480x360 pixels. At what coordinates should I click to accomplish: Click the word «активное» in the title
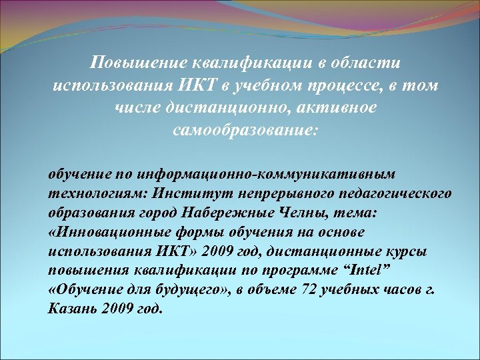(333, 108)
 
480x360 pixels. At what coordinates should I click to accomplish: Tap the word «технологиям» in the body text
(98, 193)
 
